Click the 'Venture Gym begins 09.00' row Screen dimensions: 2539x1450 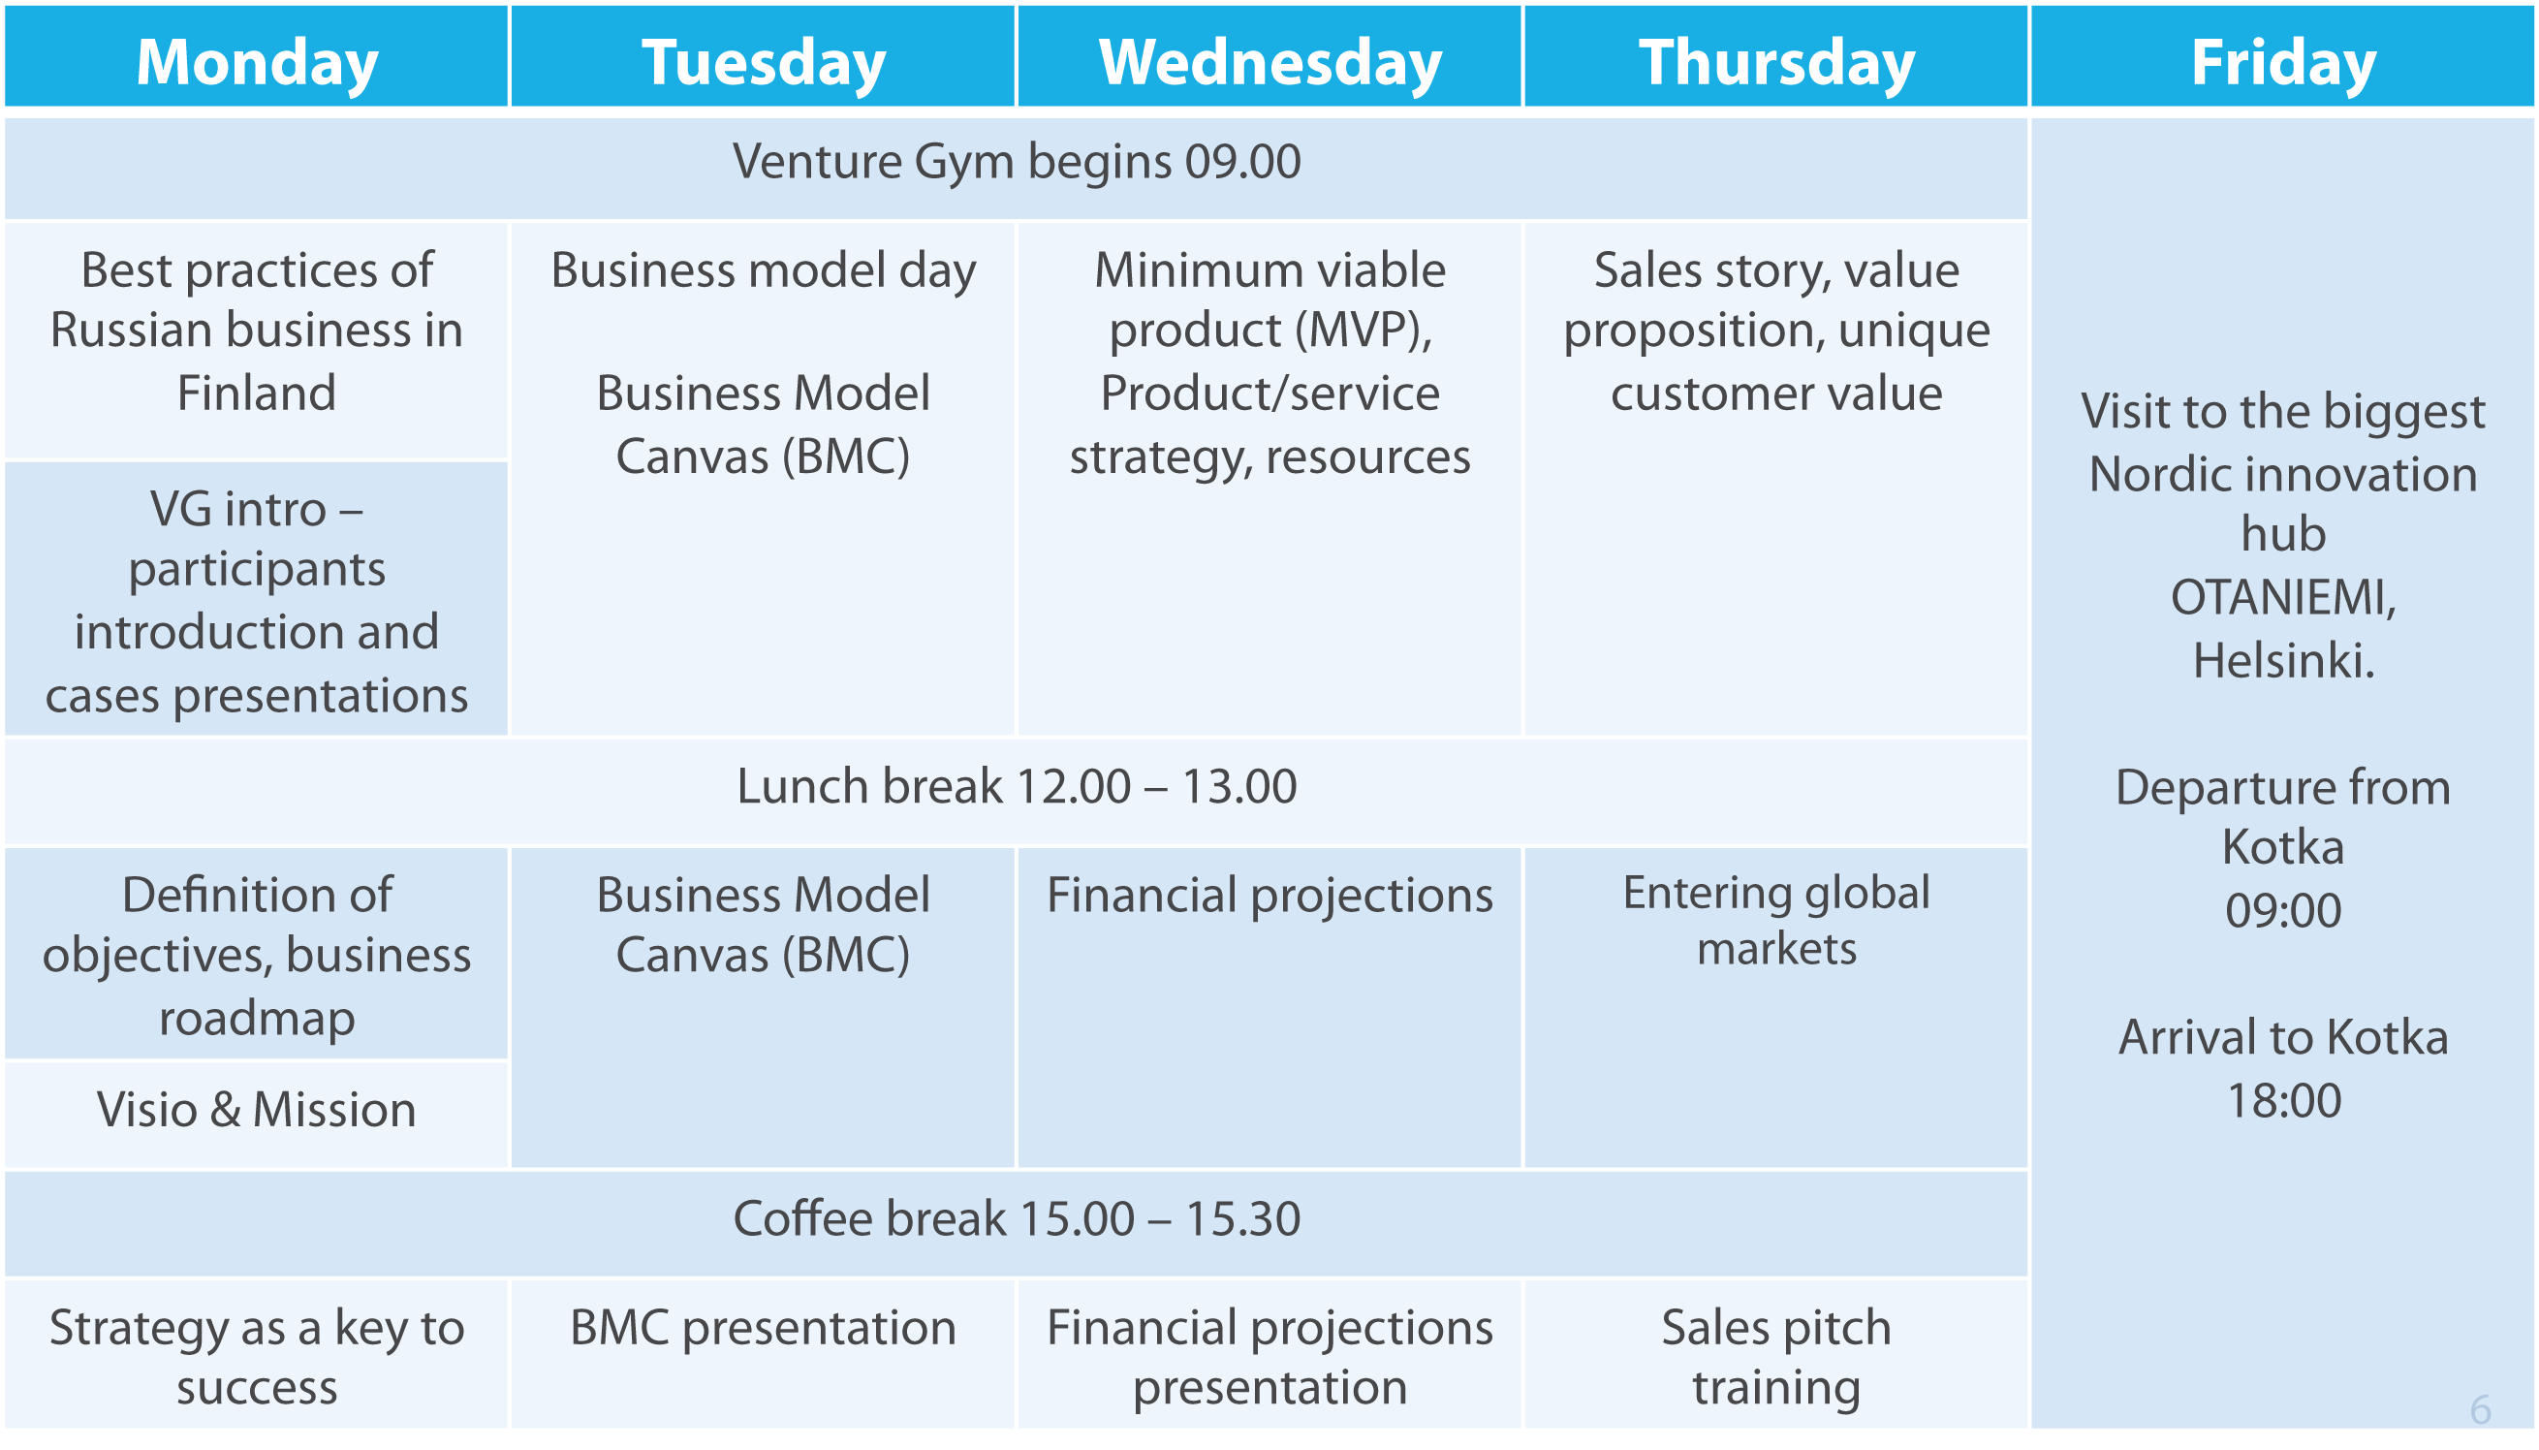pos(1017,169)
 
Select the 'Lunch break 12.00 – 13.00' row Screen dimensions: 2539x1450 pos(1017,792)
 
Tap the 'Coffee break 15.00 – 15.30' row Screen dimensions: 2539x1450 pos(1017,1223)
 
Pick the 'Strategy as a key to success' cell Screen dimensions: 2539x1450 pos(257,1354)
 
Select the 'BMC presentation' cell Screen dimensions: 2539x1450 pos(764,1354)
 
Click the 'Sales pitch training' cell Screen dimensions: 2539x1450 pos(1776,1354)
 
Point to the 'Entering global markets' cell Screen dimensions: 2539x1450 pos(1776,1007)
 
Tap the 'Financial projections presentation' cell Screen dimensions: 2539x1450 pos(1269,1354)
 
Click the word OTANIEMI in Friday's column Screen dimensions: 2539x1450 pos(2283,597)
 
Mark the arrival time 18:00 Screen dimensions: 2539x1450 pos(2283,1100)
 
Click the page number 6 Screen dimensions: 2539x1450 pos(2480,1410)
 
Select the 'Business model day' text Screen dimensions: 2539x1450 pos(764,270)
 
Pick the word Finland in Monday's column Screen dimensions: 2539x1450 pos(257,393)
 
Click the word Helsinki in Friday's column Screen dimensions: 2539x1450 pos(2283,660)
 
